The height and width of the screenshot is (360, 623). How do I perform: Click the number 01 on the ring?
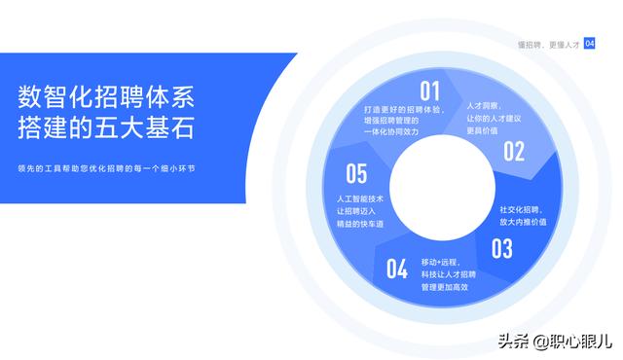coord(430,91)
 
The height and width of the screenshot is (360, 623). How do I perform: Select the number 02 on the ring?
coord(513,151)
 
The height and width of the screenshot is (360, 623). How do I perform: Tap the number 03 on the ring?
coord(501,248)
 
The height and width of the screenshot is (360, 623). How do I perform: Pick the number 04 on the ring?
coord(397,269)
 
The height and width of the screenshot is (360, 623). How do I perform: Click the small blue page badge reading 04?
coord(589,44)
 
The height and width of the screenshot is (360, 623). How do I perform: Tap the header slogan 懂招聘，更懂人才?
coord(548,45)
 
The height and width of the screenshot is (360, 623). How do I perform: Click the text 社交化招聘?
coord(521,208)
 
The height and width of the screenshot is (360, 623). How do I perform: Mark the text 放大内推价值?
coord(523,222)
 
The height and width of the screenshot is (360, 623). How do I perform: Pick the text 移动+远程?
coord(440,262)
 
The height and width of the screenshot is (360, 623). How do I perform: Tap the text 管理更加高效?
coord(445,288)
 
